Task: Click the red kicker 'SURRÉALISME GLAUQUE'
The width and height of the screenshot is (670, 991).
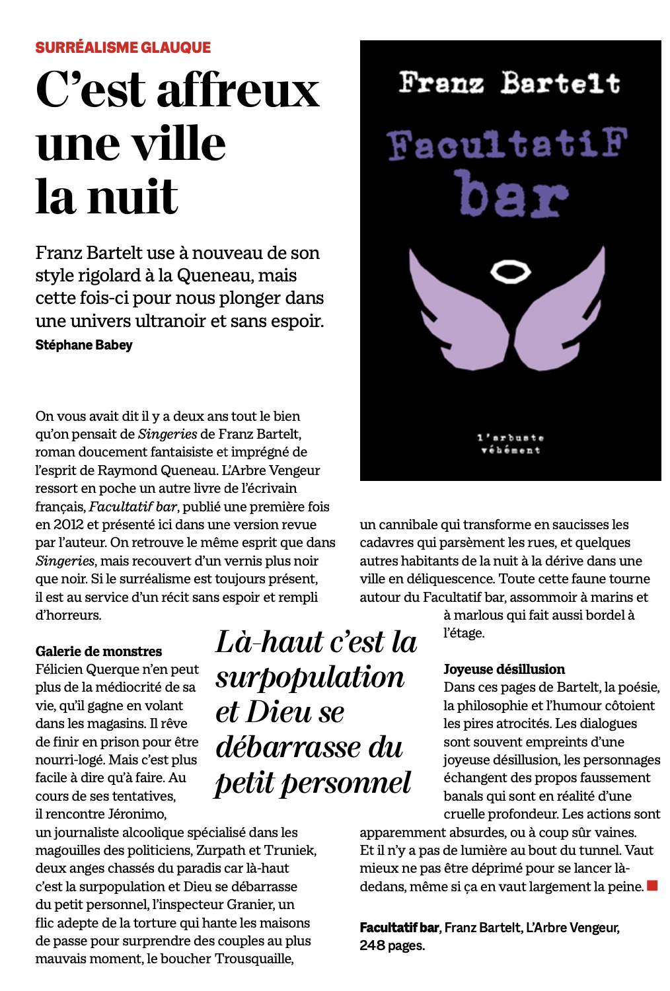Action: (123, 48)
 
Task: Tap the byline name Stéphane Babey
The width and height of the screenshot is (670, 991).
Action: (84, 345)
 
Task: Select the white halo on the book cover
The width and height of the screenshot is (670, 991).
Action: (511, 271)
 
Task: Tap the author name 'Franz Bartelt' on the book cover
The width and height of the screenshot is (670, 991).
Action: (509, 83)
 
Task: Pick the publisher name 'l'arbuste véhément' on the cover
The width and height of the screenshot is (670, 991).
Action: (510, 444)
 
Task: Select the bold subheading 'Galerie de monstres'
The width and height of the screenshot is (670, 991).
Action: (99, 651)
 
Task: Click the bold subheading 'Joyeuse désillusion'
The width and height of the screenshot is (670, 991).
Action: (504, 669)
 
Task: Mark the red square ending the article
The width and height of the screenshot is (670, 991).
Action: (652, 885)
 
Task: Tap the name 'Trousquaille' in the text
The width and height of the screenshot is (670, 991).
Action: (254, 959)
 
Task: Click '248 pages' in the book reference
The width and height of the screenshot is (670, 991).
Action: (392, 945)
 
